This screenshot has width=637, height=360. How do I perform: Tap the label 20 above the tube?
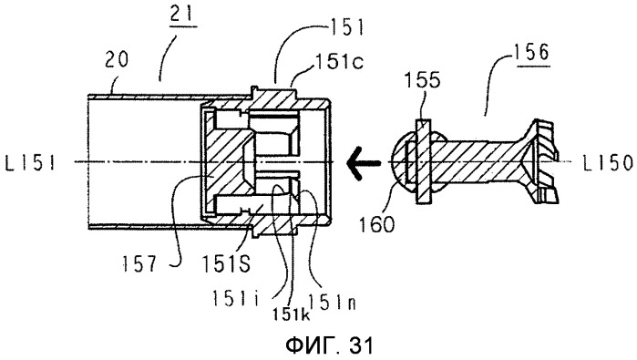pyautogui.click(x=117, y=59)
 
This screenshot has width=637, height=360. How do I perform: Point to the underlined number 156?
pyautogui.click(x=531, y=53)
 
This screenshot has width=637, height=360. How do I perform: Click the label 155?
pyautogui.click(x=422, y=80)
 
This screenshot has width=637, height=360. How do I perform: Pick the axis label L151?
pyautogui.click(x=30, y=163)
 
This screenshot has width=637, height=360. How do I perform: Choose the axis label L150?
pyautogui.click(x=608, y=163)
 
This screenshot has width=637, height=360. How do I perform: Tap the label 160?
pyautogui.click(x=376, y=224)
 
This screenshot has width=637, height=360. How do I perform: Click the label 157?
pyautogui.click(x=139, y=264)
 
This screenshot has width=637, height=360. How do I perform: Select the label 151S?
pyautogui.click(x=226, y=264)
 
